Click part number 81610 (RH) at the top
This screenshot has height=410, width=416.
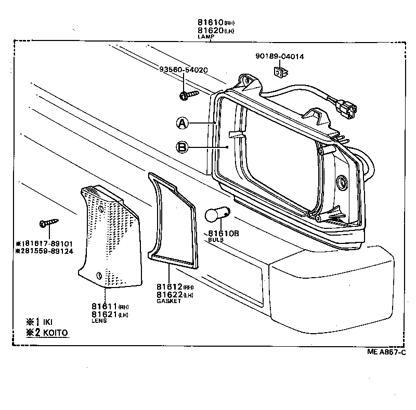point(210,23)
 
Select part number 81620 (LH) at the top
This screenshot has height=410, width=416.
point(210,31)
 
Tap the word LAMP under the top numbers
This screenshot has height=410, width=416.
point(205,37)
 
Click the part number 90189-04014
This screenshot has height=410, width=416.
point(279,57)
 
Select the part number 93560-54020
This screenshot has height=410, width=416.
point(184,70)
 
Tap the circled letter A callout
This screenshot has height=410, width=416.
point(181,123)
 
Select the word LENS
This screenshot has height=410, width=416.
point(99,321)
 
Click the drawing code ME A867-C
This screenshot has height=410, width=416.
point(386,352)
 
